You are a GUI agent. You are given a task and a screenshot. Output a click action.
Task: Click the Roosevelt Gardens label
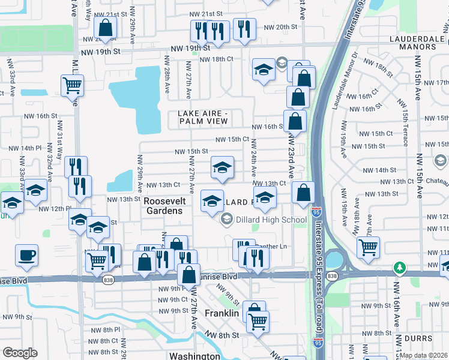(163, 206)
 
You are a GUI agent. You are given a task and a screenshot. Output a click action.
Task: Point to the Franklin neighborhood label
(221, 313)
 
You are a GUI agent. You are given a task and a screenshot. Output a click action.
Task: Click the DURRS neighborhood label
(418, 338)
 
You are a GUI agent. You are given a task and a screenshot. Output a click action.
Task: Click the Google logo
(20, 353)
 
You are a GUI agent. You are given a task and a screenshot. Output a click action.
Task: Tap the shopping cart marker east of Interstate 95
(368, 246)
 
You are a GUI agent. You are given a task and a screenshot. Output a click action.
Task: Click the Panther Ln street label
(273, 246)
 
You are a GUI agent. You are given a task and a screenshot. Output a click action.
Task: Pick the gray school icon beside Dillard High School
(226, 220)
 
